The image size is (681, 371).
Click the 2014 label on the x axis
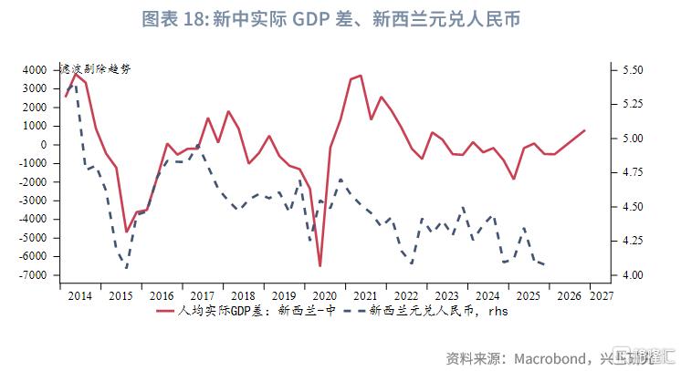[79, 295]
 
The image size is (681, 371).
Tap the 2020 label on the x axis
[325, 295]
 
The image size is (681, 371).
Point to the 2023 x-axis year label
[447, 295]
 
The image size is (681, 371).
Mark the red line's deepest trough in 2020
[320, 266]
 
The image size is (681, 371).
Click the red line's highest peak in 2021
[361, 76]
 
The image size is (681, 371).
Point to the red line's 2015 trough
[126, 232]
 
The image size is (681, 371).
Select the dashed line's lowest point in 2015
[126, 268]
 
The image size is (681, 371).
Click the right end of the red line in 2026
[584, 130]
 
